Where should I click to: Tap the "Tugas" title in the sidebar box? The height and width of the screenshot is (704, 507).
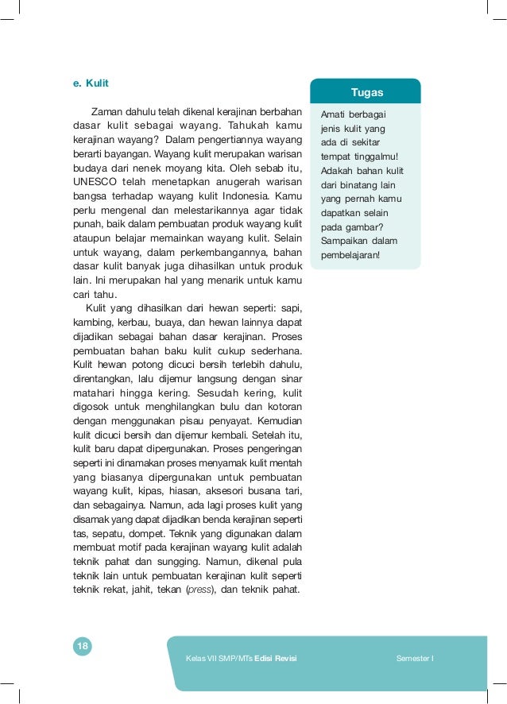[366, 93]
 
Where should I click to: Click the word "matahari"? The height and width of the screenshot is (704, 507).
[93, 393]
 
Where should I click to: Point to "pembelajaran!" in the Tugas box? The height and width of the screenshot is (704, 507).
[350, 255]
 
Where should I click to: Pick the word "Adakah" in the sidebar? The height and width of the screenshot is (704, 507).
[336, 170]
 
